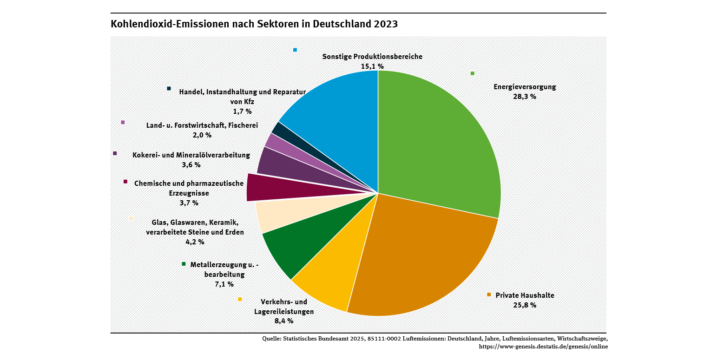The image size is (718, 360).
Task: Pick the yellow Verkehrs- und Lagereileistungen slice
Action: coord(330,279)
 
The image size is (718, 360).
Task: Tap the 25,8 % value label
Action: coord(525,305)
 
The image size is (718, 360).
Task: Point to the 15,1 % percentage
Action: coord(372,66)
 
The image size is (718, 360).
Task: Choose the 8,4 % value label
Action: coord(284,321)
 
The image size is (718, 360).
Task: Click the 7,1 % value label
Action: coord(224,284)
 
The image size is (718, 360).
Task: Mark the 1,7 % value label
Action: coord(242,111)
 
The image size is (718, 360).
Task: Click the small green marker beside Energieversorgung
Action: coord(473,73)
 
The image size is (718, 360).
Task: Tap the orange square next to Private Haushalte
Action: coord(489,295)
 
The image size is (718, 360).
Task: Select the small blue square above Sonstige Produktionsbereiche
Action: coord(295,50)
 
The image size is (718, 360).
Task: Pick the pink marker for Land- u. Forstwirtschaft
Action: coord(123,122)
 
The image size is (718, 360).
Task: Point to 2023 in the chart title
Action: coord(386,24)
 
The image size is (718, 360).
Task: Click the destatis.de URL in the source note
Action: coord(543,347)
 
